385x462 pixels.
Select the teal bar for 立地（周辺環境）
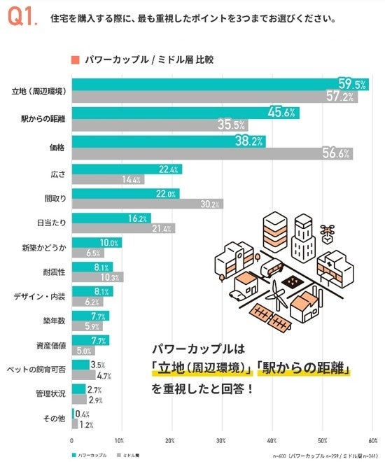[210, 85]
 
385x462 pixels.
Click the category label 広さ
[59, 173]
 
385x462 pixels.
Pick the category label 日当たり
[53, 222]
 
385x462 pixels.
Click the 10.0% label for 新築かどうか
[110, 242]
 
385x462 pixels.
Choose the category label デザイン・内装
[41, 296]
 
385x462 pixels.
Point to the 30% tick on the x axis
[221, 441]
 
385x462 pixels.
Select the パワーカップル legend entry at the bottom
[90, 455]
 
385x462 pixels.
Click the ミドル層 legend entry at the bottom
[130, 455]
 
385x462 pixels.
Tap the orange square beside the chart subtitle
[73, 59]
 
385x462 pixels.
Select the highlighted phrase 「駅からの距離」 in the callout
[305, 369]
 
